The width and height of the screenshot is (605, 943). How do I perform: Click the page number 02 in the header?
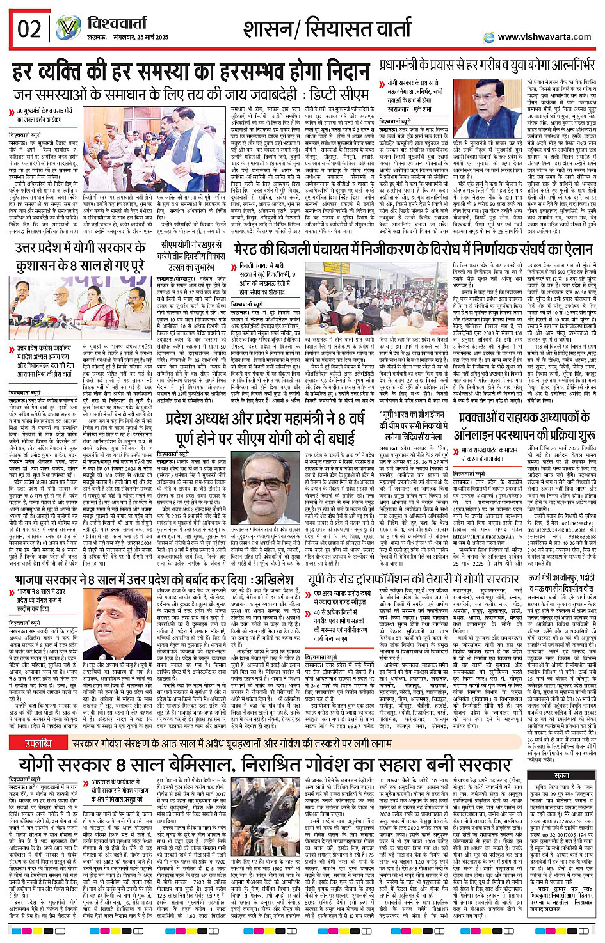click(29, 29)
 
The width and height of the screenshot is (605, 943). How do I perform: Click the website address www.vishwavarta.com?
click(544, 37)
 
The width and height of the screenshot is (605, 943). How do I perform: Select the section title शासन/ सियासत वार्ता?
click(327, 28)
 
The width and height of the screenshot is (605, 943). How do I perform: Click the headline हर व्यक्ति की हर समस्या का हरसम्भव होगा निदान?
click(191, 71)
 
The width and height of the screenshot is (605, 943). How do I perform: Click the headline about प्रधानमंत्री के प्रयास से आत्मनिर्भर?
click(486, 65)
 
